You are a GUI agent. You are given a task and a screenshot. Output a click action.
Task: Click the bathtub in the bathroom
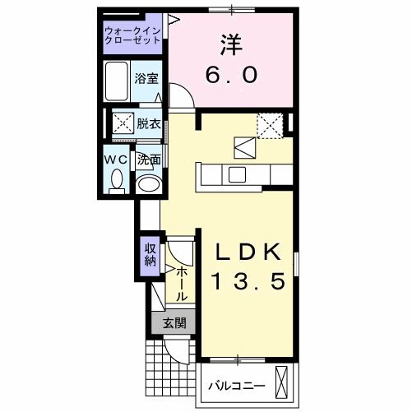click(118, 81)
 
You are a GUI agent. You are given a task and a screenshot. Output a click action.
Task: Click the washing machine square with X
click(123, 124)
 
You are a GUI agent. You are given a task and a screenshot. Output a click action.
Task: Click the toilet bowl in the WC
click(115, 178)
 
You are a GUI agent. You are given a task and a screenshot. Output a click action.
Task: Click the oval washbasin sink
click(148, 184)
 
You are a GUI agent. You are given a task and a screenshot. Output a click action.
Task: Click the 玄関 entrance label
click(173, 323)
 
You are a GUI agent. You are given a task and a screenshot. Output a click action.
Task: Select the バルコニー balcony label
click(235, 385)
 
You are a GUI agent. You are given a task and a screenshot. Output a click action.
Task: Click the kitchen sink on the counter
click(237, 174)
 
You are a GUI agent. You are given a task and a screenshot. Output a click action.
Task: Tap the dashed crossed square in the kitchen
click(269, 125)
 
